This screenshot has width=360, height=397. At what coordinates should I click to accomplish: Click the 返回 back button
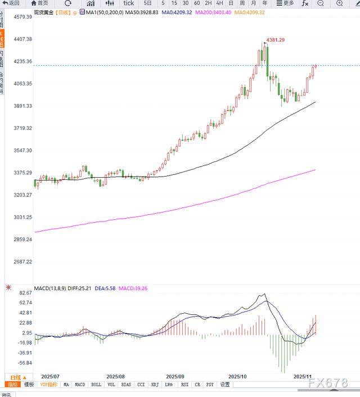click(11, 3)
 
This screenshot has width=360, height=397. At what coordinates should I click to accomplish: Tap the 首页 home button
click(39, 3)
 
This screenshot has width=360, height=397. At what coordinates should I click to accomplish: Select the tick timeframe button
click(129, 3)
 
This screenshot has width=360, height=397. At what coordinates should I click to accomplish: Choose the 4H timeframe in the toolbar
click(219, 3)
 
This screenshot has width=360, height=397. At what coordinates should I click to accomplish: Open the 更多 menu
click(285, 3)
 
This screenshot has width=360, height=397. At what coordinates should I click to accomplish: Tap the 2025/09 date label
click(176, 376)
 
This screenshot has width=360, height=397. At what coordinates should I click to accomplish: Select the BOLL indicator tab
click(96, 385)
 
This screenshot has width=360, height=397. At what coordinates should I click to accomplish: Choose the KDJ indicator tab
click(154, 385)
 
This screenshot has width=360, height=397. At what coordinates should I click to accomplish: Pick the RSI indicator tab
click(184, 385)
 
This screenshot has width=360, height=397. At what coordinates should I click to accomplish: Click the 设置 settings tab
click(225, 385)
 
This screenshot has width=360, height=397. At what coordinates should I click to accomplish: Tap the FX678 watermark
click(328, 383)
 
